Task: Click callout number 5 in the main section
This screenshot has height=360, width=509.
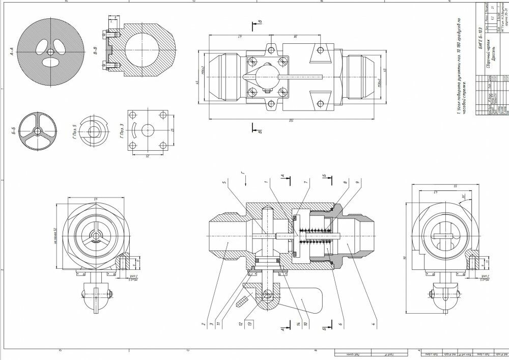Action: coord(222,181)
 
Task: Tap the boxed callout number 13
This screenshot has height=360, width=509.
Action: coord(249,323)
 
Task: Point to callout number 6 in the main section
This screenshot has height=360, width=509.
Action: coord(340,323)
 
